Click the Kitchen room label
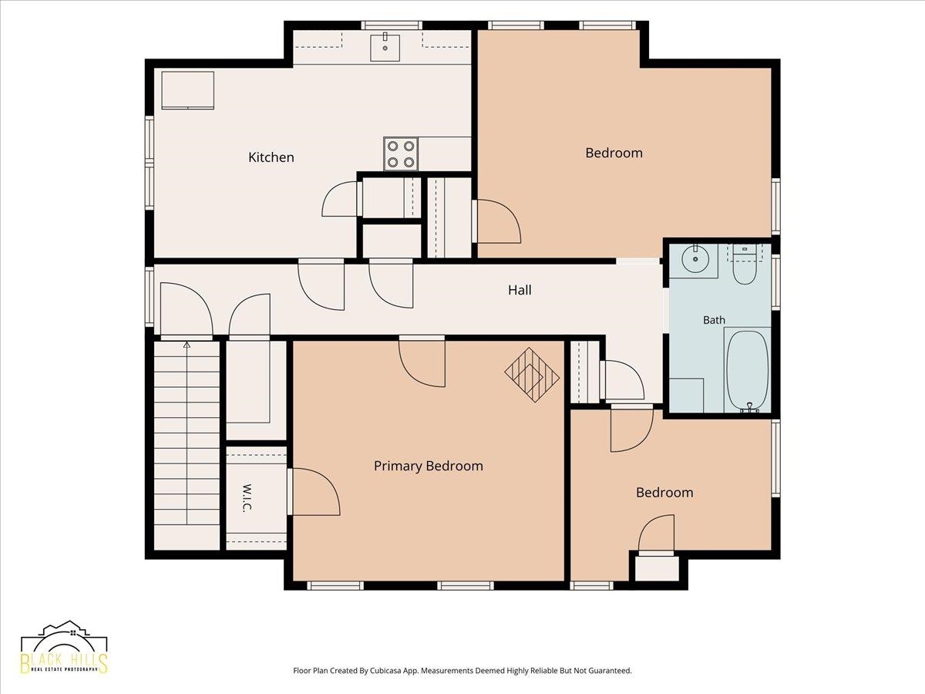(271, 157)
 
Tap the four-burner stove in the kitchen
(400, 153)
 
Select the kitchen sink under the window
(385, 47)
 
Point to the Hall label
(520, 290)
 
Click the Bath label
(714, 320)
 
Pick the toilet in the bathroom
(744, 264)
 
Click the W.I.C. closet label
(247, 497)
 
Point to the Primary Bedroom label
(428, 466)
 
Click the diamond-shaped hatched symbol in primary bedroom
(532, 375)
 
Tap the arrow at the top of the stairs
(187, 345)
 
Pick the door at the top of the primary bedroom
(422, 362)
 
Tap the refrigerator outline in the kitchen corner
(188, 90)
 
